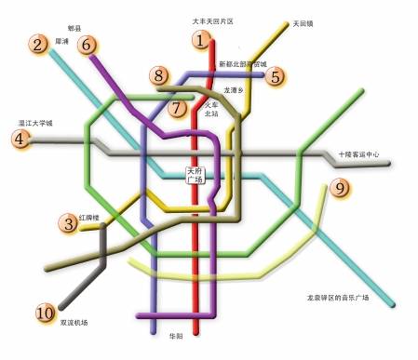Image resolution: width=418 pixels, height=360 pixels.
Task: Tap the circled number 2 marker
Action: (x=38, y=44)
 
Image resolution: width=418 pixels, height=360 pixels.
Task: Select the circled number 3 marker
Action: (x=68, y=223)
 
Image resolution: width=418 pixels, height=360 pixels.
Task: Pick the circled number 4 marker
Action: (x=19, y=140)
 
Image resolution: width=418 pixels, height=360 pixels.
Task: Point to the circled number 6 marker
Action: (x=88, y=44)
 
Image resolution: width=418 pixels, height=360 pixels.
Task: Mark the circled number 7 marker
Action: (x=179, y=107)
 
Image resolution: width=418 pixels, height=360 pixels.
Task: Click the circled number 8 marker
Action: (x=160, y=76)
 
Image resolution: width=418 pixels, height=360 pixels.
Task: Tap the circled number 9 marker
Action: (x=339, y=189)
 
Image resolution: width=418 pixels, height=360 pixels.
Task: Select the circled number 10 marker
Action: (x=45, y=313)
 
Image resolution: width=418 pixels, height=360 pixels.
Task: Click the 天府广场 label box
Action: (x=195, y=175)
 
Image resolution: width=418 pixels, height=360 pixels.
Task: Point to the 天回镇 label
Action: (x=303, y=23)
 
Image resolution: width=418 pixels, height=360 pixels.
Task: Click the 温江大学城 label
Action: (x=36, y=123)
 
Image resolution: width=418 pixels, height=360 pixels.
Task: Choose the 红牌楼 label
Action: (x=95, y=216)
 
